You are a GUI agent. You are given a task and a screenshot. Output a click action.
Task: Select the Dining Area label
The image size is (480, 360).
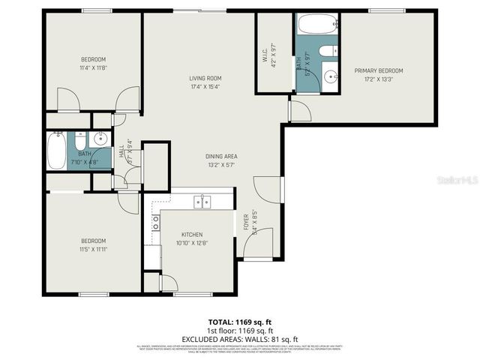pyautogui.click(x=221, y=156)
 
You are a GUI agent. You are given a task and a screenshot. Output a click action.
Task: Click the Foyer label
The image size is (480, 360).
pyautogui.click(x=245, y=221)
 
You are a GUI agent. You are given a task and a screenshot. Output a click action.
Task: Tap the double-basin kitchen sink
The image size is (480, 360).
pyautogui.click(x=202, y=201)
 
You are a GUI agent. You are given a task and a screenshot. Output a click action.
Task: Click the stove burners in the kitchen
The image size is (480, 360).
pyautogui.click(x=156, y=222)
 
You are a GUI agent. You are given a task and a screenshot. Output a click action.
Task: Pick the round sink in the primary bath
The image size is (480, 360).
pyautogui.click(x=331, y=76)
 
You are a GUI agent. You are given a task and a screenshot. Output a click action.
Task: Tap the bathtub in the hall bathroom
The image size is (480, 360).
pyautogui.click(x=56, y=151)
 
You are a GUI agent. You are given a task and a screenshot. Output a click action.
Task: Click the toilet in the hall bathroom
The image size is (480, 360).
pyautogui.click(x=79, y=139)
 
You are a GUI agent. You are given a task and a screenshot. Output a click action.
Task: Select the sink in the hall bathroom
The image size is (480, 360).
pyautogui.click(x=100, y=139)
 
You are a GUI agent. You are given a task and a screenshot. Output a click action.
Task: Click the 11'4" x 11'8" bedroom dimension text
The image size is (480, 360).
pyautogui.click(x=94, y=67)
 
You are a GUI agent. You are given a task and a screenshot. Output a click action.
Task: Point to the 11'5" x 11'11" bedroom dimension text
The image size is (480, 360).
pyautogui.click(x=94, y=249)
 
